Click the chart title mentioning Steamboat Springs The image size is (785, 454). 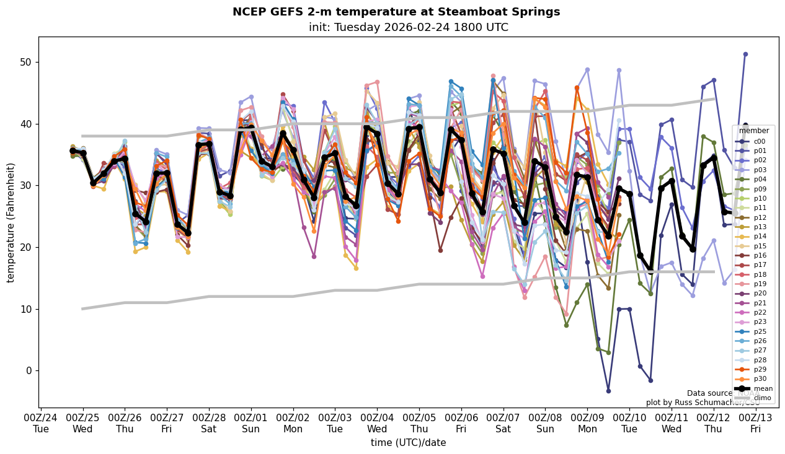(396, 12)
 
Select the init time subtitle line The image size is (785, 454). (408, 27)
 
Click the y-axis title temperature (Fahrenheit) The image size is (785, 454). (11, 222)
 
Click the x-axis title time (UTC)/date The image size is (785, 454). (408, 442)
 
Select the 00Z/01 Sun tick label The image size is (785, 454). (251, 423)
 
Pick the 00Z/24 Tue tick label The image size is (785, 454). (41, 423)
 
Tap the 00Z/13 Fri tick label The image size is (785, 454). (755, 423)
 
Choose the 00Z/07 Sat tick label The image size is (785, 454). (503, 423)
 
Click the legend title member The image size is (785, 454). (753, 131)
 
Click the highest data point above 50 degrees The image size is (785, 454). (745, 55)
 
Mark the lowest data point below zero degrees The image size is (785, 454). (608, 391)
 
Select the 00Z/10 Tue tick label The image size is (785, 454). (629, 423)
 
